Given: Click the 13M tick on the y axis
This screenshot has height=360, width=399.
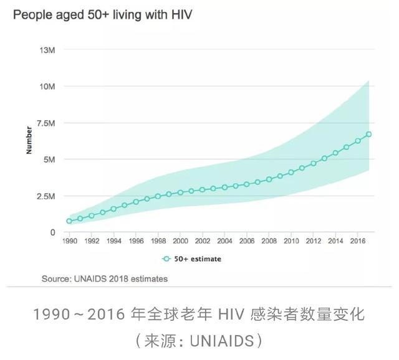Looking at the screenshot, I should (48, 49).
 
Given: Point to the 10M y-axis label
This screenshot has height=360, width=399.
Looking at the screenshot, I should (48, 86).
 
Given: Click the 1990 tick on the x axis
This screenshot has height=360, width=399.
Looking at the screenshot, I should (69, 240).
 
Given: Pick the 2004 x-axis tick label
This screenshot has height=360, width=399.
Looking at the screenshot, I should (224, 240).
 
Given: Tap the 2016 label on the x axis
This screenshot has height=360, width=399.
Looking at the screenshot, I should (358, 240).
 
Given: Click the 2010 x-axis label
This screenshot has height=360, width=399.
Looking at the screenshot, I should (291, 240).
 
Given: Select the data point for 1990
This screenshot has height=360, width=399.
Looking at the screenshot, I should (69, 221).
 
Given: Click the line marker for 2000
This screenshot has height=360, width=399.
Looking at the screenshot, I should (180, 192).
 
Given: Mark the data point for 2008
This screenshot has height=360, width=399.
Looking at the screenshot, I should (269, 179).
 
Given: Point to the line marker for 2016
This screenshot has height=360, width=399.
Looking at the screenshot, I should (358, 141).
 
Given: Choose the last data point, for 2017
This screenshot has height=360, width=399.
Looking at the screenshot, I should (369, 134).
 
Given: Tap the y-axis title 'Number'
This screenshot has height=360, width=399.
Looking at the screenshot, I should (29, 140).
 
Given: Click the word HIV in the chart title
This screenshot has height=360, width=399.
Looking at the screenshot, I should (178, 13).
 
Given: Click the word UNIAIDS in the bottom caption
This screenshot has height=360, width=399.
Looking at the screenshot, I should (221, 341).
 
